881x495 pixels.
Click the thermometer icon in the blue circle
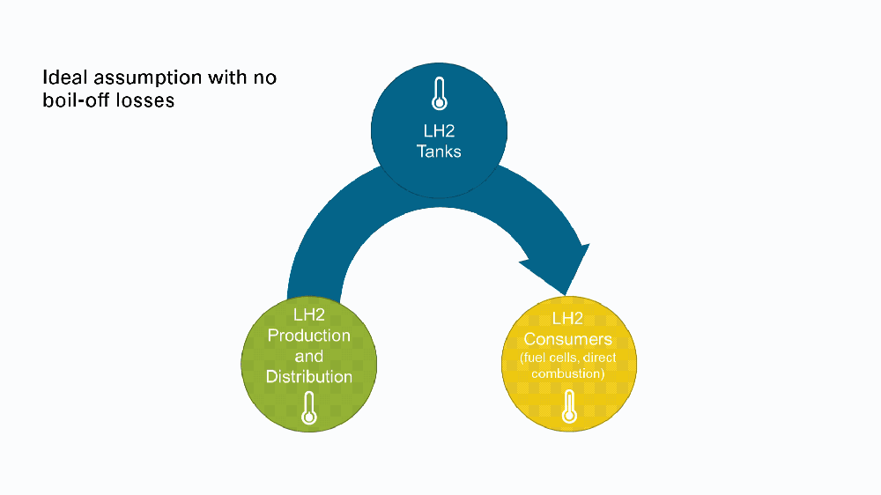coord(440,93)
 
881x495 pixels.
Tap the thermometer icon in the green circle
coord(309,408)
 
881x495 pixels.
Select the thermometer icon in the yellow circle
coord(569,406)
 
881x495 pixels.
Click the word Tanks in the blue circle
coord(439,151)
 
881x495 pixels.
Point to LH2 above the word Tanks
coord(439,131)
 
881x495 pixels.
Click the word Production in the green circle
coord(309,336)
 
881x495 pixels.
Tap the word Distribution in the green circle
coord(309,376)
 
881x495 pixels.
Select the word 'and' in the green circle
coord(309,356)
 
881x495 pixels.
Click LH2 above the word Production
coord(309,314)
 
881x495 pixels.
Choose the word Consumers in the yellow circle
coord(568,339)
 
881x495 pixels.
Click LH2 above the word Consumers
coord(568,319)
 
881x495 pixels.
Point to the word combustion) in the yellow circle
coord(568,373)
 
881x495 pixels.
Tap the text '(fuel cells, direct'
coord(568,358)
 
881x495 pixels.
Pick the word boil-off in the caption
coord(76,100)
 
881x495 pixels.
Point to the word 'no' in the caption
coord(264,79)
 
